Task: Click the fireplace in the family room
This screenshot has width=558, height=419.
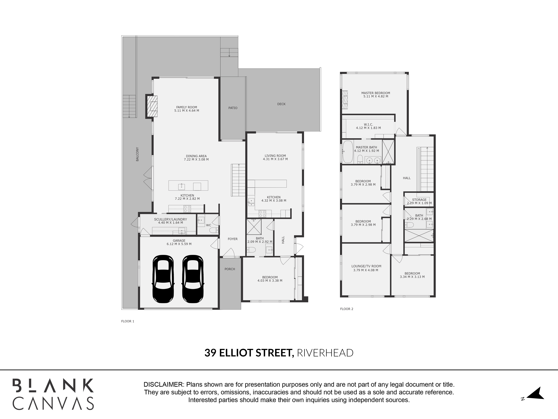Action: pos(152,106)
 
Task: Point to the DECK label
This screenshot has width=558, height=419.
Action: pos(281,104)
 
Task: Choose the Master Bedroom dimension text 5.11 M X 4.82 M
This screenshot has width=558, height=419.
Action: pos(376,97)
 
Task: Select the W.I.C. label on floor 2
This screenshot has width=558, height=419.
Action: pos(368,125)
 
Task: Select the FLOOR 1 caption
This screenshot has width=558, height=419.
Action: pos(128,321)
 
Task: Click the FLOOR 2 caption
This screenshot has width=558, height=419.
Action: pos(347,309)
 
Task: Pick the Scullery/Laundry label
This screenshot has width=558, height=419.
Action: pos(170,219)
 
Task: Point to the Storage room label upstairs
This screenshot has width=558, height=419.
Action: pos(419,200)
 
